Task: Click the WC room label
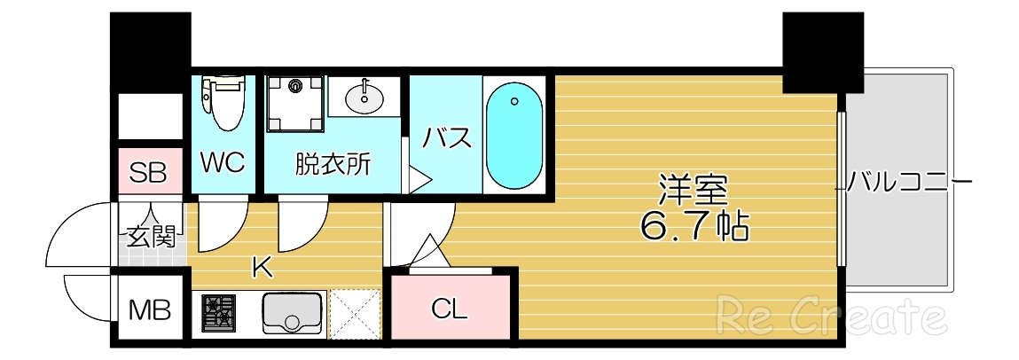(x=223, y=164)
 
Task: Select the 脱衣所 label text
(x=333, y=164)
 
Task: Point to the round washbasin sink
(x=364, y=97)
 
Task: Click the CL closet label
(x=449, y=309)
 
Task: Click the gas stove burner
(x=218, y=313)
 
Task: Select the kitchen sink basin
(x=295, y=312)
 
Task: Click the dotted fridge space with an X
(x=354, y=314)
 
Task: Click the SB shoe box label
(x=148, y=173)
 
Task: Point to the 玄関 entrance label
(x=151, y=237)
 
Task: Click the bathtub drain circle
(x=513, y=102)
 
